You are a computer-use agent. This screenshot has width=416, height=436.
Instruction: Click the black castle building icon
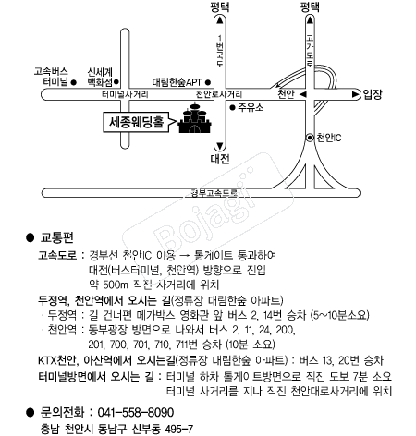[195, 119]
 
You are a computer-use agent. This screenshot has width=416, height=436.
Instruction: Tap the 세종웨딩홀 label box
[136, 122]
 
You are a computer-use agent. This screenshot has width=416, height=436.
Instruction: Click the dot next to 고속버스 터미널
[74, 82]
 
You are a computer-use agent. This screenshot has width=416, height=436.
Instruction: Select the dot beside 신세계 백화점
[116, 82]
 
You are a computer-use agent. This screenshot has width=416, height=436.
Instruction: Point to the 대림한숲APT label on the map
[177, 82]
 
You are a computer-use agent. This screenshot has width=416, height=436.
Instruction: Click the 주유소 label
[251, 107]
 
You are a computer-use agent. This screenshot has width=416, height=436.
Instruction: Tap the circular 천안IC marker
[310, 138]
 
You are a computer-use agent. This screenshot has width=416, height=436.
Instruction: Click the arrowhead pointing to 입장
[356, 94]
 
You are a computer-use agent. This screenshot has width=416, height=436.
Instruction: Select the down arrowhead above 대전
[220, 146]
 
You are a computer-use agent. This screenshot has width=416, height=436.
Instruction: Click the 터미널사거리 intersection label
[125, 94]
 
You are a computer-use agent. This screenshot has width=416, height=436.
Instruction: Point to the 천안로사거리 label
[219, 94]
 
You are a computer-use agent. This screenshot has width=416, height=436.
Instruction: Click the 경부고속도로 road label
[214, 193]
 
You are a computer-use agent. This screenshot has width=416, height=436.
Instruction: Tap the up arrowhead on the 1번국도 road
[220, 20]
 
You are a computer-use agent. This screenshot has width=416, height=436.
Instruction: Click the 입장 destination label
[373, 94]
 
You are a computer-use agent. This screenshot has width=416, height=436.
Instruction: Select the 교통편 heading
[57, 237]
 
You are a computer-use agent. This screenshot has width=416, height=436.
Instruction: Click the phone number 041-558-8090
[136, 412]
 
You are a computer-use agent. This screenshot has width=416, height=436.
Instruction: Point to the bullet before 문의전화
[30, 412]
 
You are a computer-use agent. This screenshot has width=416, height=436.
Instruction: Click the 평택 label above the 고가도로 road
[310, 7]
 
